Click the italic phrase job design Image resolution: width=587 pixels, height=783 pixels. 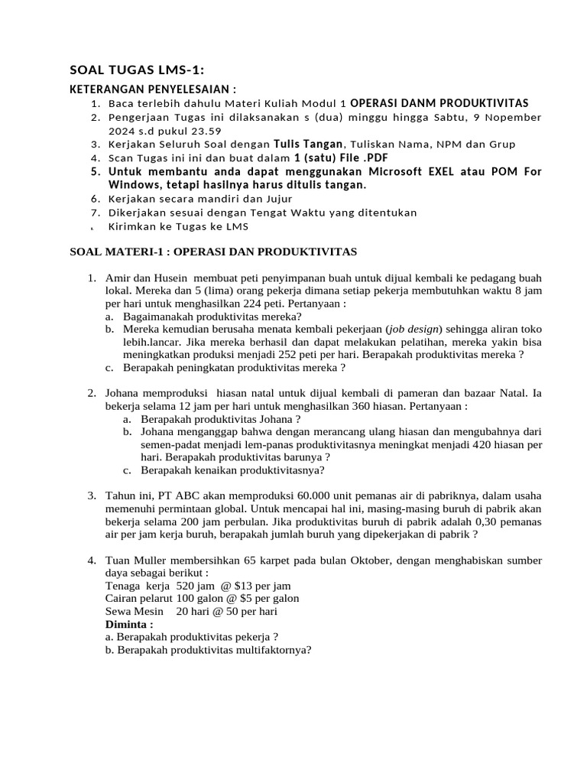[x=417, y=329]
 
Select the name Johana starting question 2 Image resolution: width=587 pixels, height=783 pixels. [x=125, y=394]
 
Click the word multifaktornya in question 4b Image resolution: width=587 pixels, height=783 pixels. [x=265, y=650]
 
